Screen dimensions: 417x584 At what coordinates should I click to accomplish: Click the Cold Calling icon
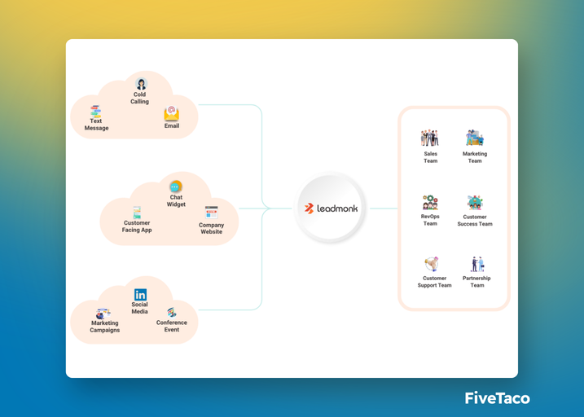141,83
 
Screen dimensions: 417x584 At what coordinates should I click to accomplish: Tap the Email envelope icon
171,113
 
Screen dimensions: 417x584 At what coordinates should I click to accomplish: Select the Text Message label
96,125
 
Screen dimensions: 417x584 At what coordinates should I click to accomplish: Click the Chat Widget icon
176,187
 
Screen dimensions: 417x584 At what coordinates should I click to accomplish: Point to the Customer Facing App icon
137,212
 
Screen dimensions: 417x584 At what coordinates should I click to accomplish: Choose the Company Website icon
211,213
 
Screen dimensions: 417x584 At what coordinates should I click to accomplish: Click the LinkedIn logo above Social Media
140,294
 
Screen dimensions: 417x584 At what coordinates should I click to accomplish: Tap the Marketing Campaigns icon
103,313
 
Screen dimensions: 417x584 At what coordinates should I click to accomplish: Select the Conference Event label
172,326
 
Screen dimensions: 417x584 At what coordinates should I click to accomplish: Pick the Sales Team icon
430,138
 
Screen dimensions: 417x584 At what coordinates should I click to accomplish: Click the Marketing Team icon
475,138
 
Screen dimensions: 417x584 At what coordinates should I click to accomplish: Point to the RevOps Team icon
430,203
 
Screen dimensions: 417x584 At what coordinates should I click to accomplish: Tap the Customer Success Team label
475,221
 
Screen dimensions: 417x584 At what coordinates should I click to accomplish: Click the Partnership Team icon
476,265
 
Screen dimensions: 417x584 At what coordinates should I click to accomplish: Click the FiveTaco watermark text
497,397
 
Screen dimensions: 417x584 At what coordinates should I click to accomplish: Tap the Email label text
171,126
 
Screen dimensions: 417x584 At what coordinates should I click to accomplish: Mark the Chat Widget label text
176,201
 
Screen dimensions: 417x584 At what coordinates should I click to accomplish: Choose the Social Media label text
139,308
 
